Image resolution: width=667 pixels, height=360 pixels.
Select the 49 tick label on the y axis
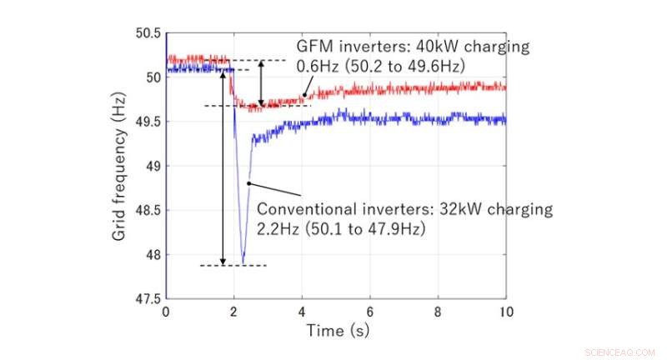(x=152, y=166)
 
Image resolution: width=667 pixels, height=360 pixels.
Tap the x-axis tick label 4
(x=302, y=312)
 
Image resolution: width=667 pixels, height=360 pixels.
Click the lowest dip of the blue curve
(x=243, y=261)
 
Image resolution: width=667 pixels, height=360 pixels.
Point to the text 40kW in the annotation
(x=429, y=47)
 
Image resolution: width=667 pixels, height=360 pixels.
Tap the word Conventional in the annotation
(x=302, y=209)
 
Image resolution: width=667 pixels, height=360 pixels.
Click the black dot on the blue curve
(x=248, y=183)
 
